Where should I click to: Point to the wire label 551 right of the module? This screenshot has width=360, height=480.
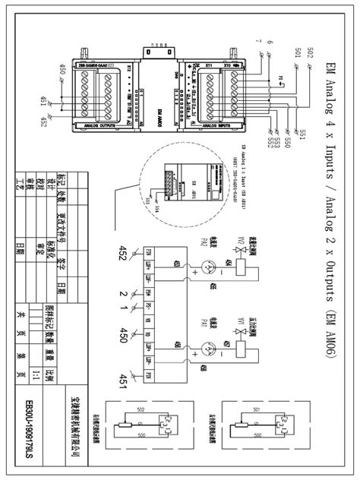(281, 134)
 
